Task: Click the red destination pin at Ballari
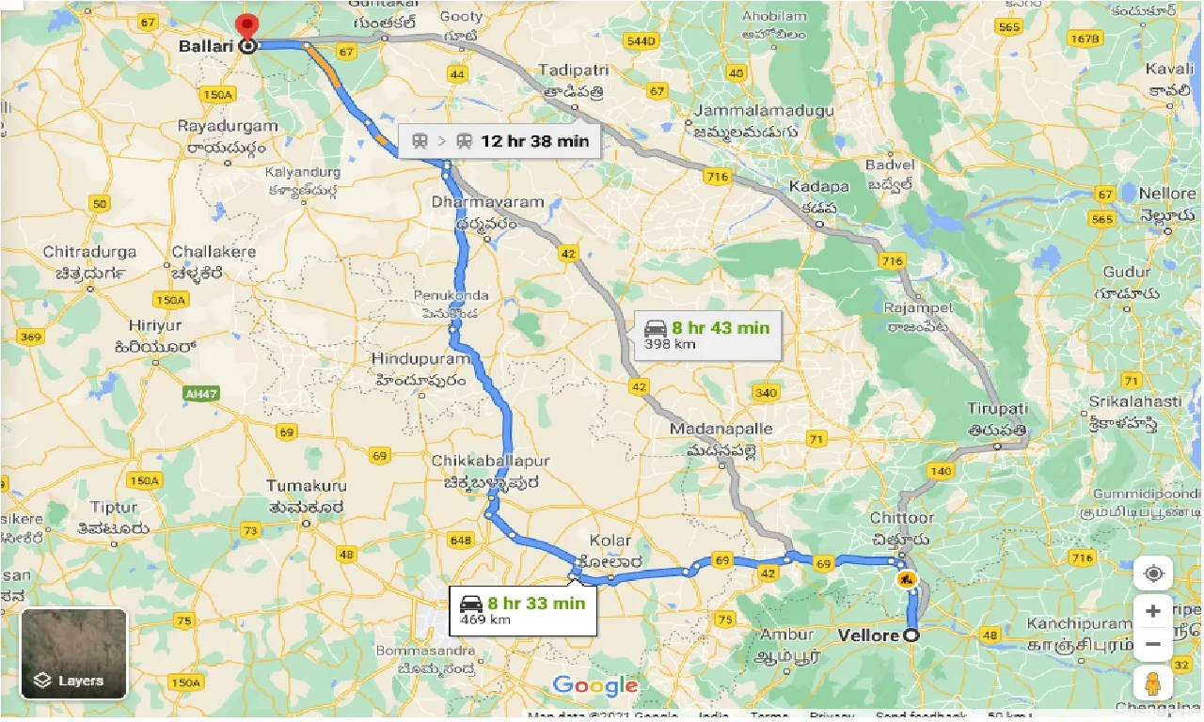pos(247,27)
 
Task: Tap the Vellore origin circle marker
pos(911,636)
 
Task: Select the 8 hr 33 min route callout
pos(522,608)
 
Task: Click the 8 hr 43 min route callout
pos(707,335)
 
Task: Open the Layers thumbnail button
pos(73,653)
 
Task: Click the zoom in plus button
pos(1152,611)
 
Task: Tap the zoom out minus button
pos(1152,646)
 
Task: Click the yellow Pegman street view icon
pos(1152,683)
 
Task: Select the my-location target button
pos(1152,573)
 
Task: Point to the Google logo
pos(595,685)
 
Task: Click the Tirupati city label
pos(998,409)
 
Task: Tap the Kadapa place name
pos(818,186)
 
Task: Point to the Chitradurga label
pos(89,252)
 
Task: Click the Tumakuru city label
pos(307,486)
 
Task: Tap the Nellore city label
pos(1166,194)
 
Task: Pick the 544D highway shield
pos(640,42)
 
